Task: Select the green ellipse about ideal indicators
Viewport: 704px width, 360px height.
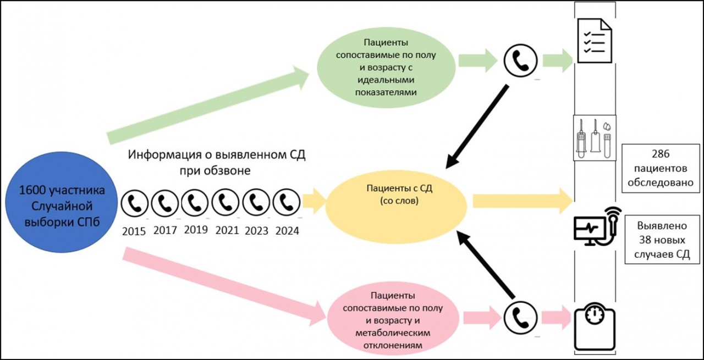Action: (x=389, y=67)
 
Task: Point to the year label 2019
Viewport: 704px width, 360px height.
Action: (x=196, y=230)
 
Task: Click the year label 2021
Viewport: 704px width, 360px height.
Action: (x=227, y=230)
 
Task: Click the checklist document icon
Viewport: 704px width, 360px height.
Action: (x=595, y=37)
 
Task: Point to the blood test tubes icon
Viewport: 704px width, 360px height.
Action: (x=595, y=138)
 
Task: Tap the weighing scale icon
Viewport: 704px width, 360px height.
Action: (x=595, y=328)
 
